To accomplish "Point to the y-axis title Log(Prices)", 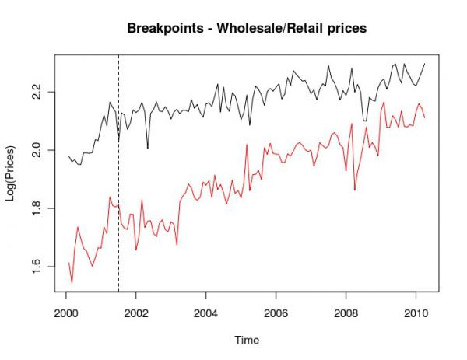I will [x=12, y=173].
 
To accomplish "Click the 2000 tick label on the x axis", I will [x=66, y=314].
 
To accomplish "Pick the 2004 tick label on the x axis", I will [x=206, y=314].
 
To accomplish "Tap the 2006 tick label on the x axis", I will [x=277, y=314].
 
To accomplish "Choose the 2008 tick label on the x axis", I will [x=347, y=314].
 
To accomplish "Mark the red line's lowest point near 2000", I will [x=72, y=283].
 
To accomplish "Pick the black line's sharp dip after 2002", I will [x=148, y=148].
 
